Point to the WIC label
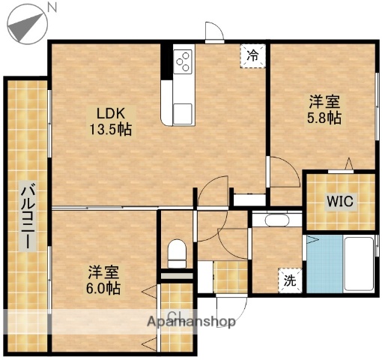339,200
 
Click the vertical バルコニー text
26,217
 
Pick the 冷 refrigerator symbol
253,55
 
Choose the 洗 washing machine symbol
289,280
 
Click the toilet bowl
177,252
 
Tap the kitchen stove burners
184,60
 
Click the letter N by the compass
52,7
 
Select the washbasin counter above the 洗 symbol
277,220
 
